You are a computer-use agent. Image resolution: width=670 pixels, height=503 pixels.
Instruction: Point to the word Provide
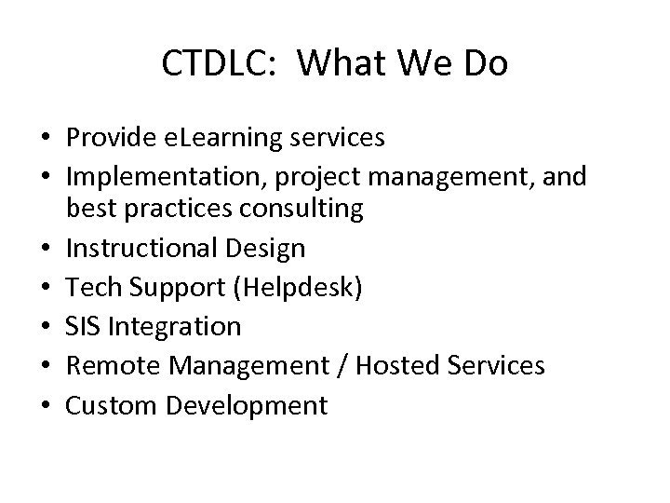[x=114, y=139]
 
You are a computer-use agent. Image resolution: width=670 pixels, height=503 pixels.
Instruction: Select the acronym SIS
[x=84, y=326]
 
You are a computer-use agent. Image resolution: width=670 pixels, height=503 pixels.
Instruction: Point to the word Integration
[x=174, y=326]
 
